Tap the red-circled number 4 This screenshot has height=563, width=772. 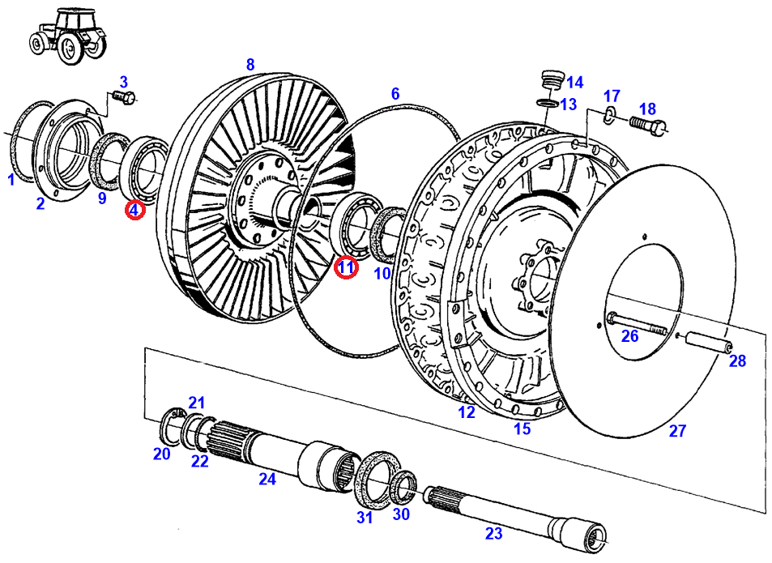pos(134,211)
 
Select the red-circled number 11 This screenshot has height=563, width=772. pos(347,267)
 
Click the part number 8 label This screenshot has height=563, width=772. pos(250,64)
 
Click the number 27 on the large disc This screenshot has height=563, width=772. pos(677,432)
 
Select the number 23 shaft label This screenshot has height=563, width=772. pos(493,533)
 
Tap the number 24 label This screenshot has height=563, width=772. pos(267,479)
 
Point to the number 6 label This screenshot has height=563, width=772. pos(395,94)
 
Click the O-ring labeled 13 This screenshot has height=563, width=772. pos(548,103)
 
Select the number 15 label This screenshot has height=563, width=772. pos(522,429)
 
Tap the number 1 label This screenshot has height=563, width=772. pos(11,180)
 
